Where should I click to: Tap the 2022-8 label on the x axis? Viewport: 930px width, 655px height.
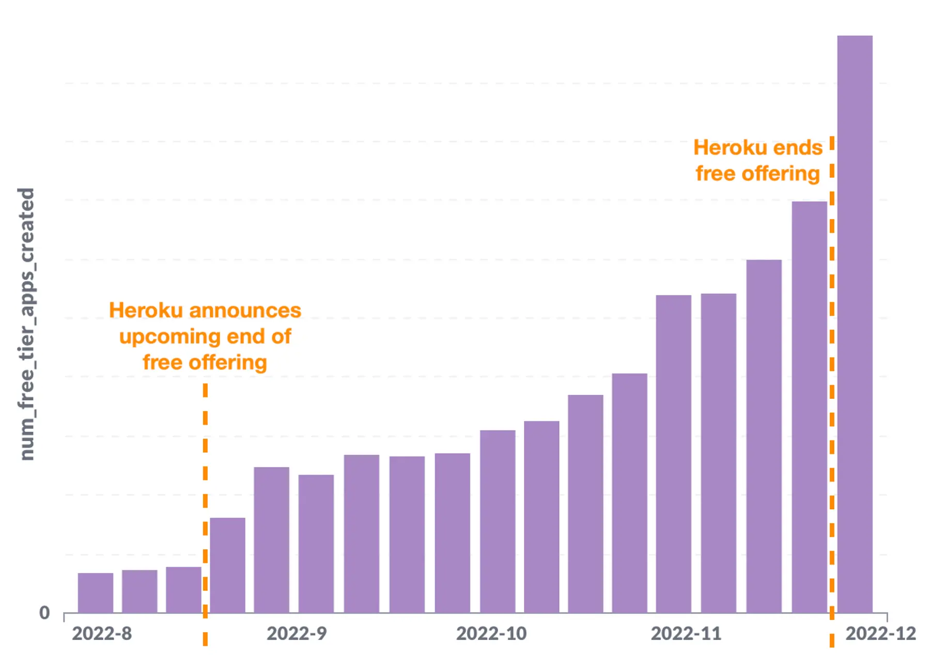point(102,634)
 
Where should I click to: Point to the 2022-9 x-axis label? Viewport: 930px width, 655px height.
point(297,634)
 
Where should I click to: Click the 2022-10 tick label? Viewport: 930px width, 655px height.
point(491,634)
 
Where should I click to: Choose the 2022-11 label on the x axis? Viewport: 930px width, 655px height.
point(686,634)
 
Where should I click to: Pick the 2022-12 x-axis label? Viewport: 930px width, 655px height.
point(880,634)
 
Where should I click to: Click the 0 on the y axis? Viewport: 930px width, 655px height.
point(45,613)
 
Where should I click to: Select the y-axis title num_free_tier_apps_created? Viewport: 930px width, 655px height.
point(26,324)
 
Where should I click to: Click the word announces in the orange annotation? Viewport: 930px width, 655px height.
point(245,311)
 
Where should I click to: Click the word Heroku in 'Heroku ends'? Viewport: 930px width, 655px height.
point(730,148)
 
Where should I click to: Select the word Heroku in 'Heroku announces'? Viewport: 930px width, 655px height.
point(146,311)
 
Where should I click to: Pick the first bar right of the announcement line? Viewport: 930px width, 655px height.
point(227,565)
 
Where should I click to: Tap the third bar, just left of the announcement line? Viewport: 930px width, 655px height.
point(183,589)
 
